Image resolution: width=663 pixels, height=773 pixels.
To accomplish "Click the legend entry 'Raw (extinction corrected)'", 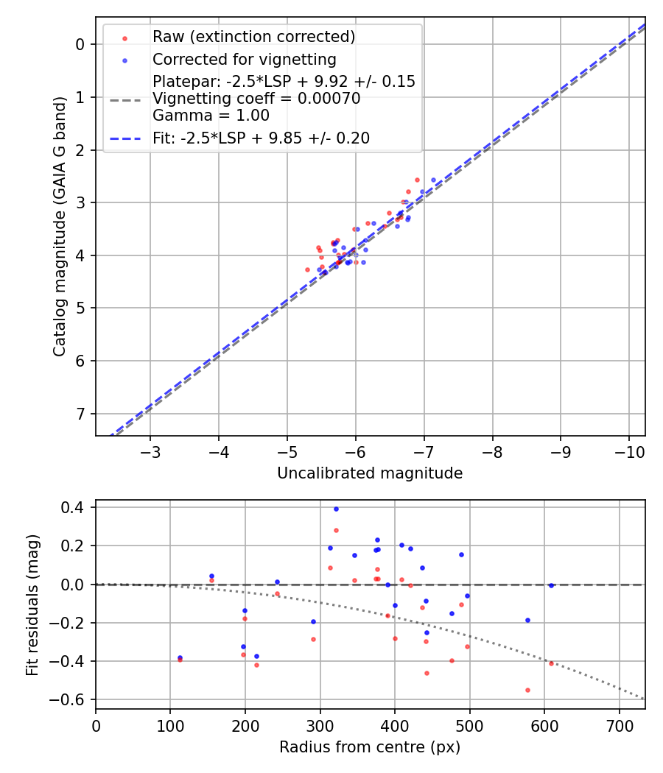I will [253, 37].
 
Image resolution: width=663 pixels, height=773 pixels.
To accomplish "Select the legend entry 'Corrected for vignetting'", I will [244, 60].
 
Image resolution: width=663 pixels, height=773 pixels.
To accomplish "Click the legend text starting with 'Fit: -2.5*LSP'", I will [261, 138].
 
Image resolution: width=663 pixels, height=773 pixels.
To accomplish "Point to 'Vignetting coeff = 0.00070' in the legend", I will [256, 99].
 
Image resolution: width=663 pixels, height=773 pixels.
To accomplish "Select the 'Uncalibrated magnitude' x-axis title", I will [370, 473].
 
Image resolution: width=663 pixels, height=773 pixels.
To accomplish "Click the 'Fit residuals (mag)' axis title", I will [32, 604].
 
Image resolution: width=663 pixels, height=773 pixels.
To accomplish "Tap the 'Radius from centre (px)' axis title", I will [370, 747].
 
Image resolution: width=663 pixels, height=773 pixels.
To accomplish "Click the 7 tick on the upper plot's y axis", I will [82, 414].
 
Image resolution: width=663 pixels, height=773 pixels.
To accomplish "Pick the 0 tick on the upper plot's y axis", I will [82, 44].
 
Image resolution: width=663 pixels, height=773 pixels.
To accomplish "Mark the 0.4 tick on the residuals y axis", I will [76, 507].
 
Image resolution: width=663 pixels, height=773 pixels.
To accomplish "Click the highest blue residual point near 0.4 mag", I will [336, 509].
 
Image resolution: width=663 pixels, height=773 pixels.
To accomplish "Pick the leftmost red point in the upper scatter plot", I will [307, 269].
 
